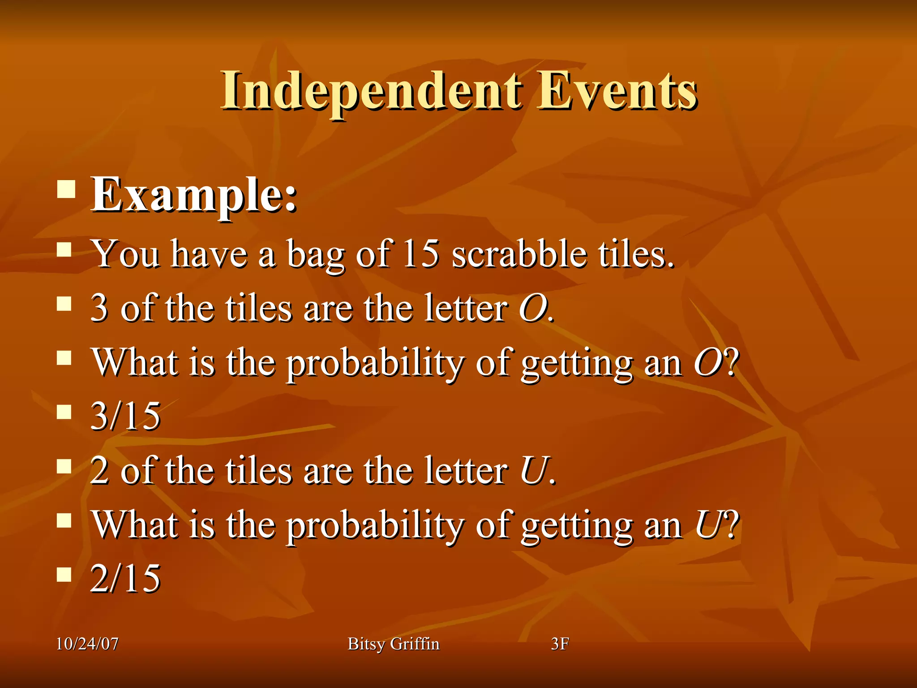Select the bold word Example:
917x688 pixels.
194,195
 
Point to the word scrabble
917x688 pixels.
519,254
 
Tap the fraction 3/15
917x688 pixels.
125,416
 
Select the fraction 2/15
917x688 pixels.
125,578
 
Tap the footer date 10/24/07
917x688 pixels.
87,644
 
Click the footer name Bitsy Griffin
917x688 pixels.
394,644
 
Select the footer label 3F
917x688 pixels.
560,644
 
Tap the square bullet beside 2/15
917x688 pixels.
64,574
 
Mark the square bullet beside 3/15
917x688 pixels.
64,412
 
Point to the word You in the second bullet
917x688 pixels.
126,254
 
